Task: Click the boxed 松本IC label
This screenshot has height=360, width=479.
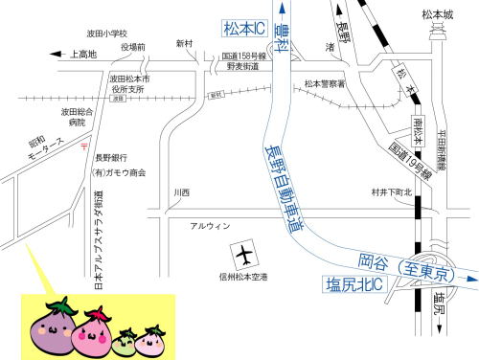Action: click(x=246, y=30)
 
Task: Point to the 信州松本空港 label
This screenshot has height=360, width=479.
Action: click(x=243, y=278)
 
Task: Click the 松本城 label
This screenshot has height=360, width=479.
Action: click(x=436, y=14)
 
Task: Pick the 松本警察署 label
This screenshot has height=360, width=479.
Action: click(x=323, y=84)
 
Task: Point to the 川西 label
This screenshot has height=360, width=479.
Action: click(x=181, y=192)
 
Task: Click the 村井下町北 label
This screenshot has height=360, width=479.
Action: click(x=391, y=192)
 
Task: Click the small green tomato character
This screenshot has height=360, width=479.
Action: click(x=124, y=338)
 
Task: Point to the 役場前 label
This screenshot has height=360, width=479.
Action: click(x=133, y=47)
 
